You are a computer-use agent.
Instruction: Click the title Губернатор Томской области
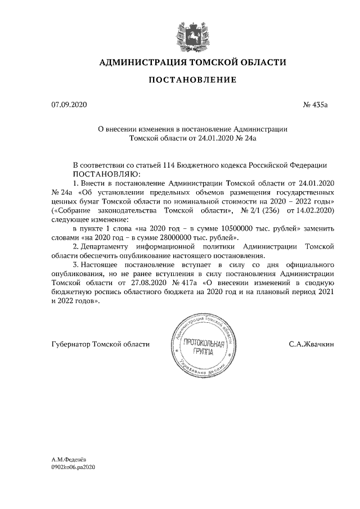(101, 344)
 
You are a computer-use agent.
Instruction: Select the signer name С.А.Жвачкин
(311, 344)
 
